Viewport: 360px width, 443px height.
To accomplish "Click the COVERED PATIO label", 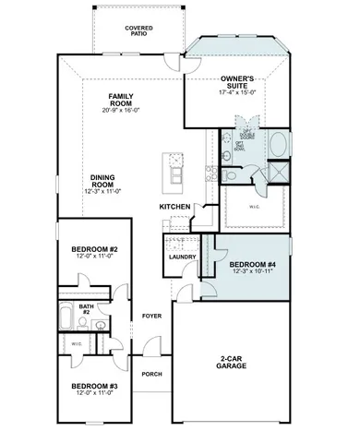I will coord(139,31).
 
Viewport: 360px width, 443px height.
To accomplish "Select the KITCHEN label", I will coord(175,206).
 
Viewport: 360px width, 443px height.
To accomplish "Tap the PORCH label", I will coord(151,375).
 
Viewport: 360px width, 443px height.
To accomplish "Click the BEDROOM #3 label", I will coord(93,386).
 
